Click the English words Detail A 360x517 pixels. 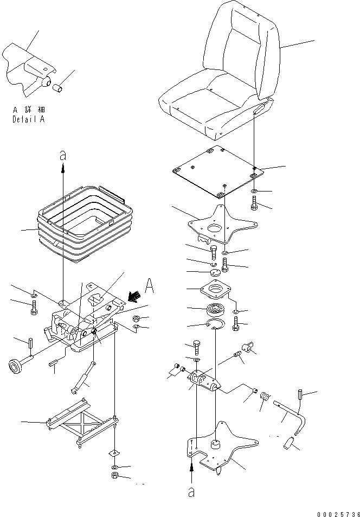[28, 120]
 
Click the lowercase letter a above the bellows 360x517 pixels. [63, 156]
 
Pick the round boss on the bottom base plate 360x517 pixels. [216, 444]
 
